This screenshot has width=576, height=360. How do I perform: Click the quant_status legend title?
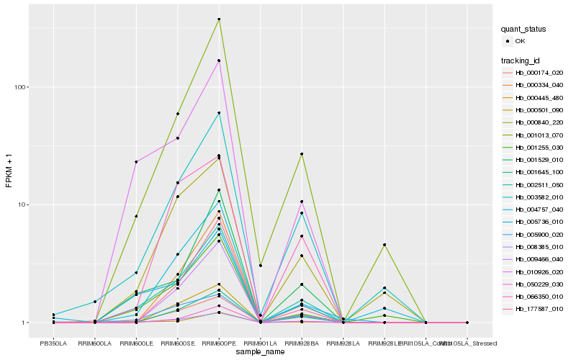524,30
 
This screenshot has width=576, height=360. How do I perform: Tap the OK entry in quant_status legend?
520,42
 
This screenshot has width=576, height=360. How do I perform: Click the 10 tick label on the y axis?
22,204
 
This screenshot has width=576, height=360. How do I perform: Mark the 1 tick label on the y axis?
24,323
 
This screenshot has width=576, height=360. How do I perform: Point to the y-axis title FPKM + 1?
9,171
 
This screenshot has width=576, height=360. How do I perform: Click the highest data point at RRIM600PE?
219,19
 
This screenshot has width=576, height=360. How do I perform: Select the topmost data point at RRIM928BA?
302,154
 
